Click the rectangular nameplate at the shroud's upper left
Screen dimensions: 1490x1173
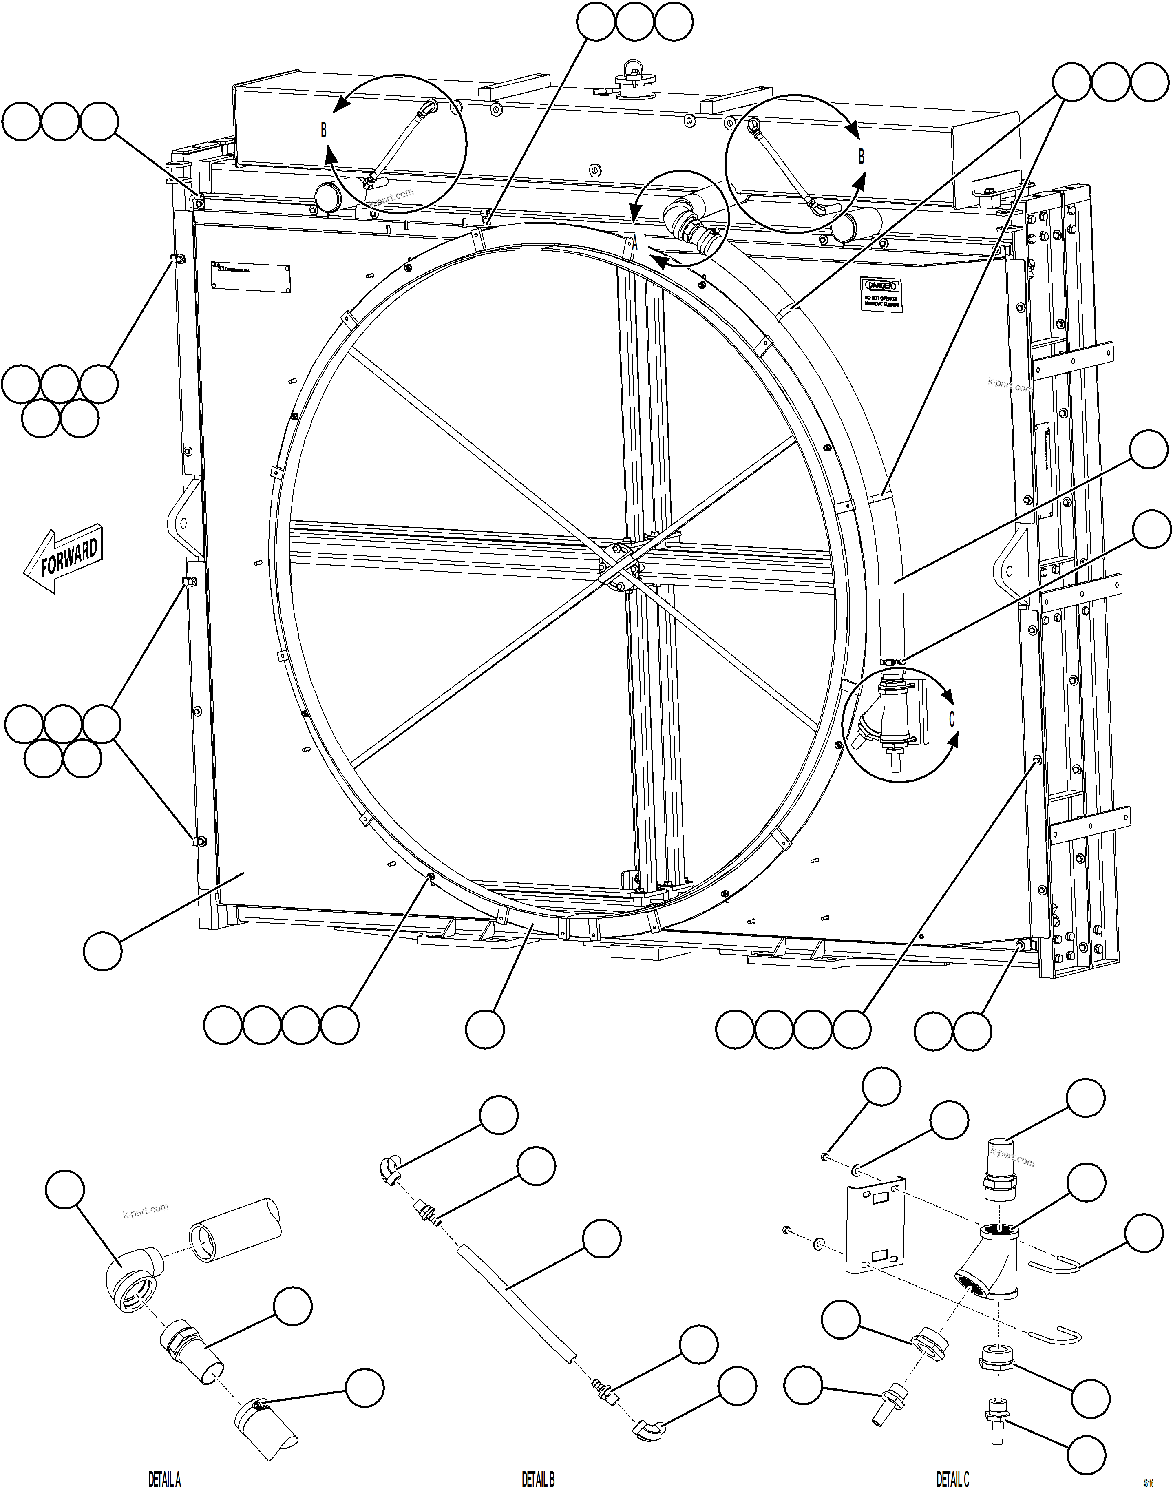point(251,278)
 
